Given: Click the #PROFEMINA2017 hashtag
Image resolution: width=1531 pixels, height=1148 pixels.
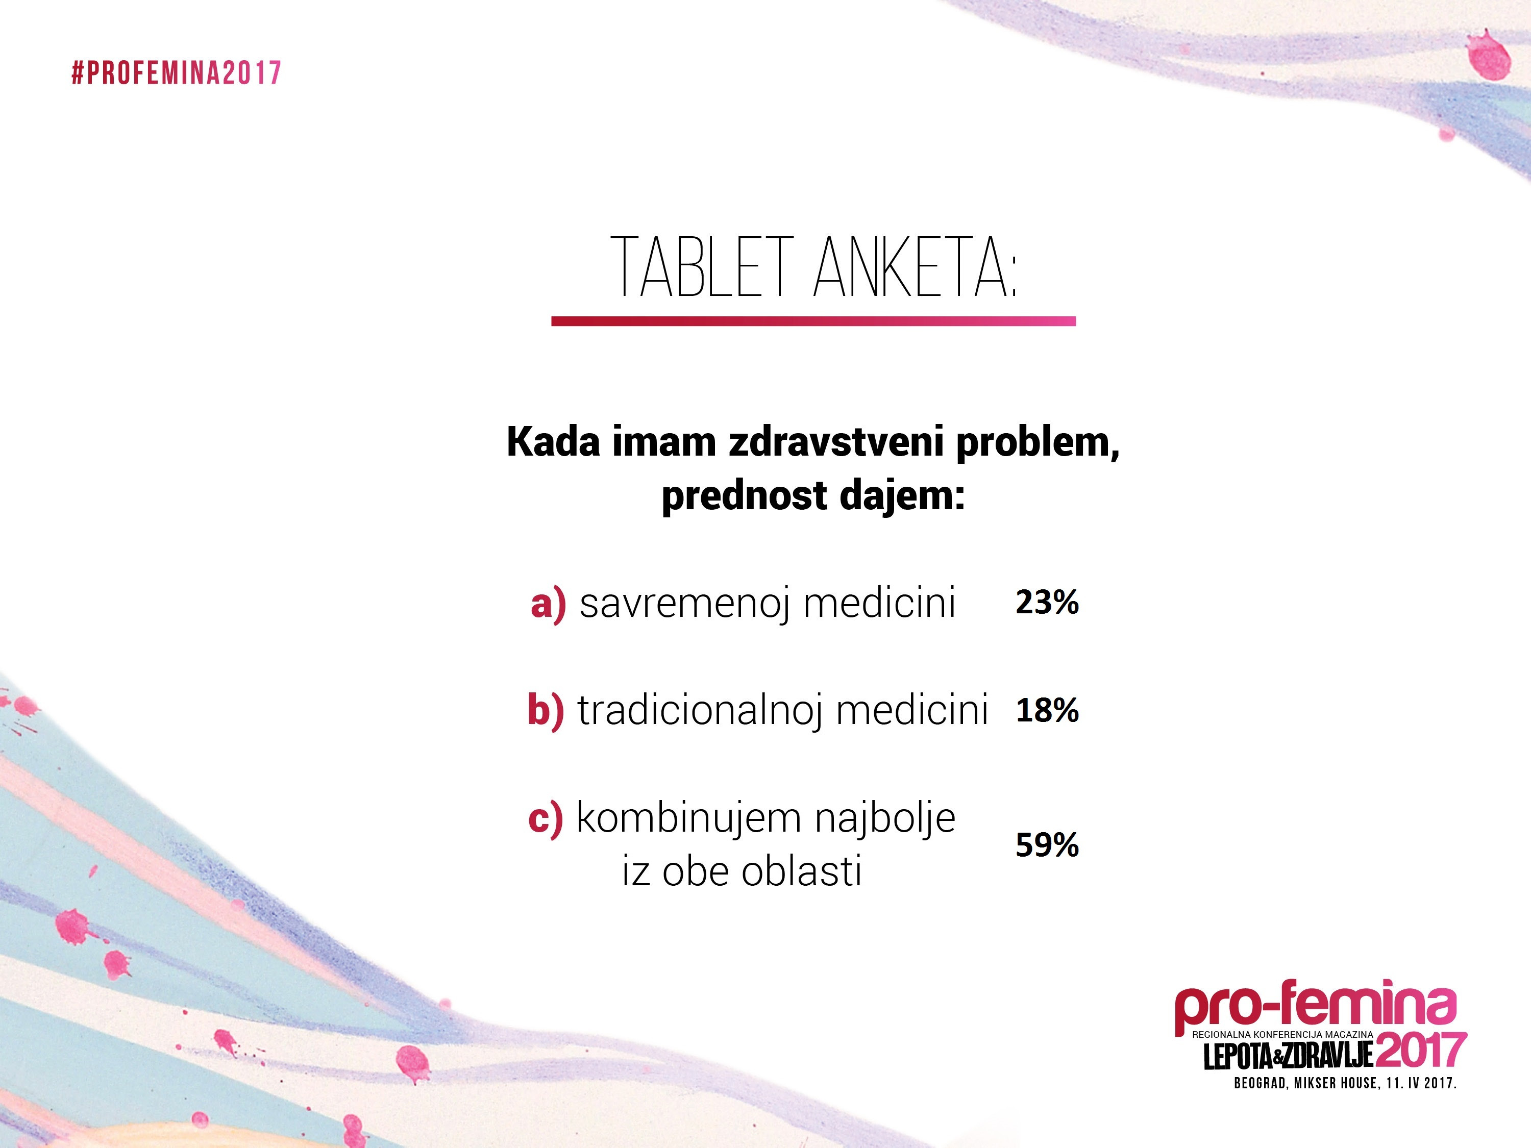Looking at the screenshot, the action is click(177, 72).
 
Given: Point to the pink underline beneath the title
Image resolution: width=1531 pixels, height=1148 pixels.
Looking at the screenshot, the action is click(813, 321).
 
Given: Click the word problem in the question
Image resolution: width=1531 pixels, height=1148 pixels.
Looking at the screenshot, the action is click(1038, 443).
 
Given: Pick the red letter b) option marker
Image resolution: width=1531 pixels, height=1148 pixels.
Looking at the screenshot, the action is click(546, 710).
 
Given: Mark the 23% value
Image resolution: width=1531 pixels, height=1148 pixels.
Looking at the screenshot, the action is click(1047, 602).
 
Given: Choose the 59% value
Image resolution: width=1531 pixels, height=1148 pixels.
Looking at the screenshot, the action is click(1047, 845).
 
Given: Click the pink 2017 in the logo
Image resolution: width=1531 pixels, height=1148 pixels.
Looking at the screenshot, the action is click(1422, 1051).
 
